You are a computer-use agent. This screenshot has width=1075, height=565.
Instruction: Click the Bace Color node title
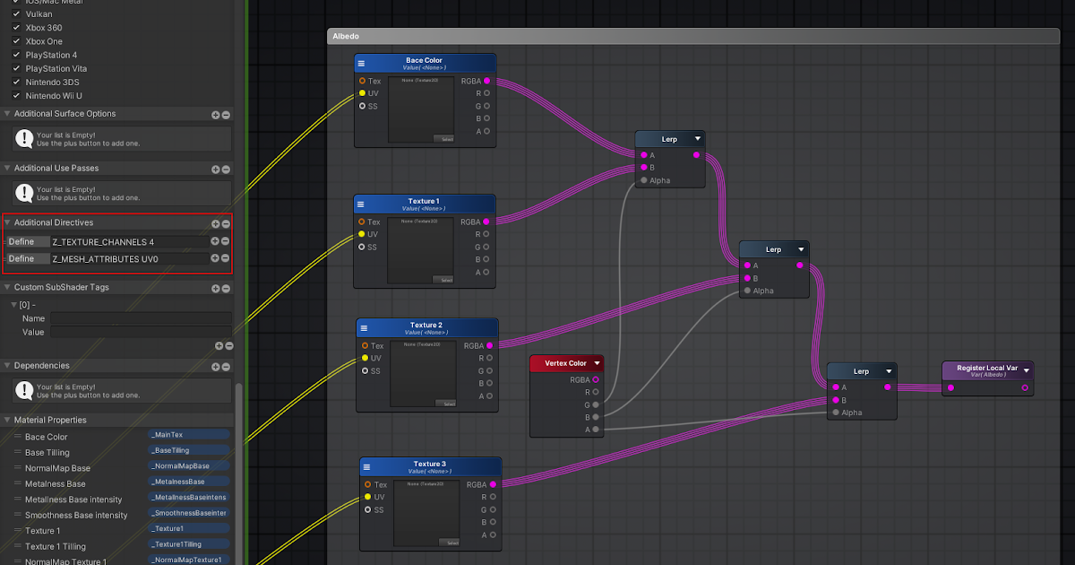[424, 61]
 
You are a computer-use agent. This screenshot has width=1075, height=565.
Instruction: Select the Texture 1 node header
[424, 202]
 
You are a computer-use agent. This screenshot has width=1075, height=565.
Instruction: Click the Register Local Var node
[986, 370]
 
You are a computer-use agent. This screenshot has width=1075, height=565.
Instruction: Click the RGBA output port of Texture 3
[493, 484]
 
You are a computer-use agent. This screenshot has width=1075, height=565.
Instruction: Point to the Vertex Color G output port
[596, 404]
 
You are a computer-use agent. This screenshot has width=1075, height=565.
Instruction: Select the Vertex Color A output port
[596, 430]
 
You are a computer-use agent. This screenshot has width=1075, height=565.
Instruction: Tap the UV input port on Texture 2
[365, 358]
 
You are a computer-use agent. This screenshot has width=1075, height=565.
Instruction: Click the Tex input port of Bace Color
[362, 81]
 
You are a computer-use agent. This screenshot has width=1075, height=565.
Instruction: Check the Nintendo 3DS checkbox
[16, 83]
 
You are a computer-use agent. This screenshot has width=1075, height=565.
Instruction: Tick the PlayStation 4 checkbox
[16, 56]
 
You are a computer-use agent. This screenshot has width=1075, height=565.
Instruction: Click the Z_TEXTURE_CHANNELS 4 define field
[128, 241]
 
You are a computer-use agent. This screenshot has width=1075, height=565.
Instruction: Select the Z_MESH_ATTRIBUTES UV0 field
[128, 258]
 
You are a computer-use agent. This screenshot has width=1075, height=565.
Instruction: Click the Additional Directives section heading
[54, 222]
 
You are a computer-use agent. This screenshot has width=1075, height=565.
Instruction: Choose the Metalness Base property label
[56, 483]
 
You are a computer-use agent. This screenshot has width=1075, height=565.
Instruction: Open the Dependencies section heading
[42, 366]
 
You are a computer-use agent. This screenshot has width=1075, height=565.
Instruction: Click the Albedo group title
[346, 37]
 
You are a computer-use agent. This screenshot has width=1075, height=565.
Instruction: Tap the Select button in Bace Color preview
[445, 139]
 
